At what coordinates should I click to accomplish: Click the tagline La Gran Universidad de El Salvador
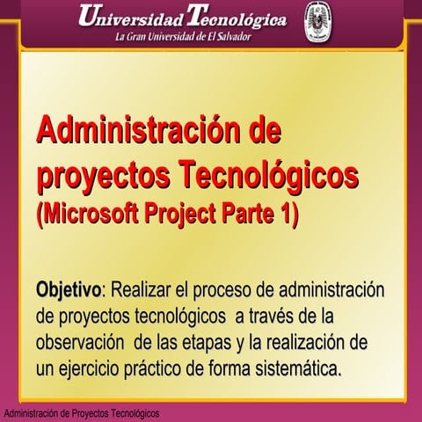pos(182,38)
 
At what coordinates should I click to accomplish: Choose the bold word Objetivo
pos(69,290)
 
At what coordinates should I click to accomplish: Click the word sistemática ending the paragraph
pos(295,366)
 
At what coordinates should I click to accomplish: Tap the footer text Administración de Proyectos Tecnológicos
pos(81,413)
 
